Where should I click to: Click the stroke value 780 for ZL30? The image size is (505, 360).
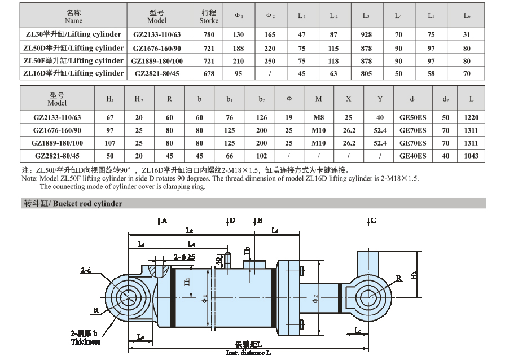[209, 34]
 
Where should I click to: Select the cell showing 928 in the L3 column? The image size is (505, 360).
[366, 34]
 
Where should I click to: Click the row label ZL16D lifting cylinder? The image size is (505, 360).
[73, 73]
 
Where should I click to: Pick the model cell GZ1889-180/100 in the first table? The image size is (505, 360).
[157, 61]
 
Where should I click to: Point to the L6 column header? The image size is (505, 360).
[467, 16]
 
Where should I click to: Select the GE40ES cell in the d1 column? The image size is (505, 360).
[412, 156]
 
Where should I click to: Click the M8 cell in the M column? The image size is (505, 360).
[319, 117]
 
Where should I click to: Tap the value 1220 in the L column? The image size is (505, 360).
[471, 117]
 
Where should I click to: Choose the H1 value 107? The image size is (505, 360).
[110, 143]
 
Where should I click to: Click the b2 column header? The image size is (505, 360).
[261, 99]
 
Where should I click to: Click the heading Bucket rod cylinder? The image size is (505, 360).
[87, 204]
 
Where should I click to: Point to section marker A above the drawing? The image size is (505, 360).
[163, 221]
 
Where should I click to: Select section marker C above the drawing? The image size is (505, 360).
[372, 221]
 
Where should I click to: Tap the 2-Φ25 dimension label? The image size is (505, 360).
[184, 257]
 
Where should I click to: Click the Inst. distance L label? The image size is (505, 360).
[248, 353]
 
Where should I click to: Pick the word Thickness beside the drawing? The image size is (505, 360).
[86, 341]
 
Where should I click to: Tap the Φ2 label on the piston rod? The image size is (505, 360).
[315, 299]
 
